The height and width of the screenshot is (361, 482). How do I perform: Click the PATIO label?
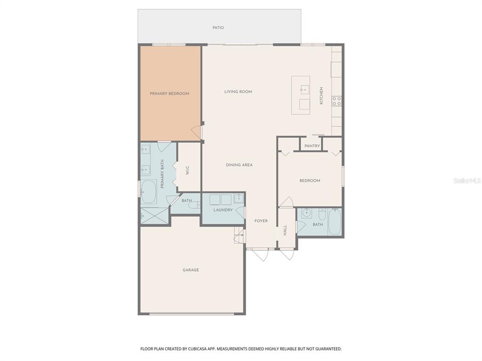point(218,28)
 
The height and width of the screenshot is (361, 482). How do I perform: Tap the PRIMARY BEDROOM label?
point(169,94)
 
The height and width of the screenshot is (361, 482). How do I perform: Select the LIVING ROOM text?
point(238,92)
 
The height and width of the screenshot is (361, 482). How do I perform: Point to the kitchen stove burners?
point(337,101)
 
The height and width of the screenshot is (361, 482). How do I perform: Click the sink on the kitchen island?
point(305,88)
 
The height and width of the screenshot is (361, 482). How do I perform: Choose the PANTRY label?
point(312,146)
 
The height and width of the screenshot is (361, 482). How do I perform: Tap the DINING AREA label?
point(239,165)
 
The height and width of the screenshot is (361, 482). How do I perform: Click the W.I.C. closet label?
point(187,170)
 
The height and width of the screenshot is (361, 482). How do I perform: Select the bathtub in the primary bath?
point(149,191)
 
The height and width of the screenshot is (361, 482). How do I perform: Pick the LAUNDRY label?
point(223,210)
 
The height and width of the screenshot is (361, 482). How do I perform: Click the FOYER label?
point(261,221)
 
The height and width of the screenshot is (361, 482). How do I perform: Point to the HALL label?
point(285,230)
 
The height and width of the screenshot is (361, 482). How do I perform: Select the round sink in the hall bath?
point(307,213)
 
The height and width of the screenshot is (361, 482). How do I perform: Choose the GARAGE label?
point(191,270)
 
